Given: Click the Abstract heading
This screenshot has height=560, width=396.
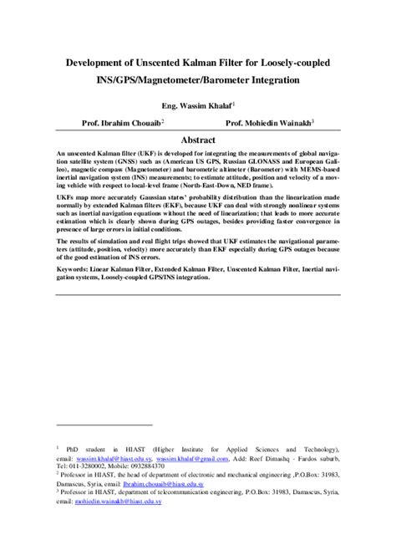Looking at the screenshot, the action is tap(198, 140).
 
